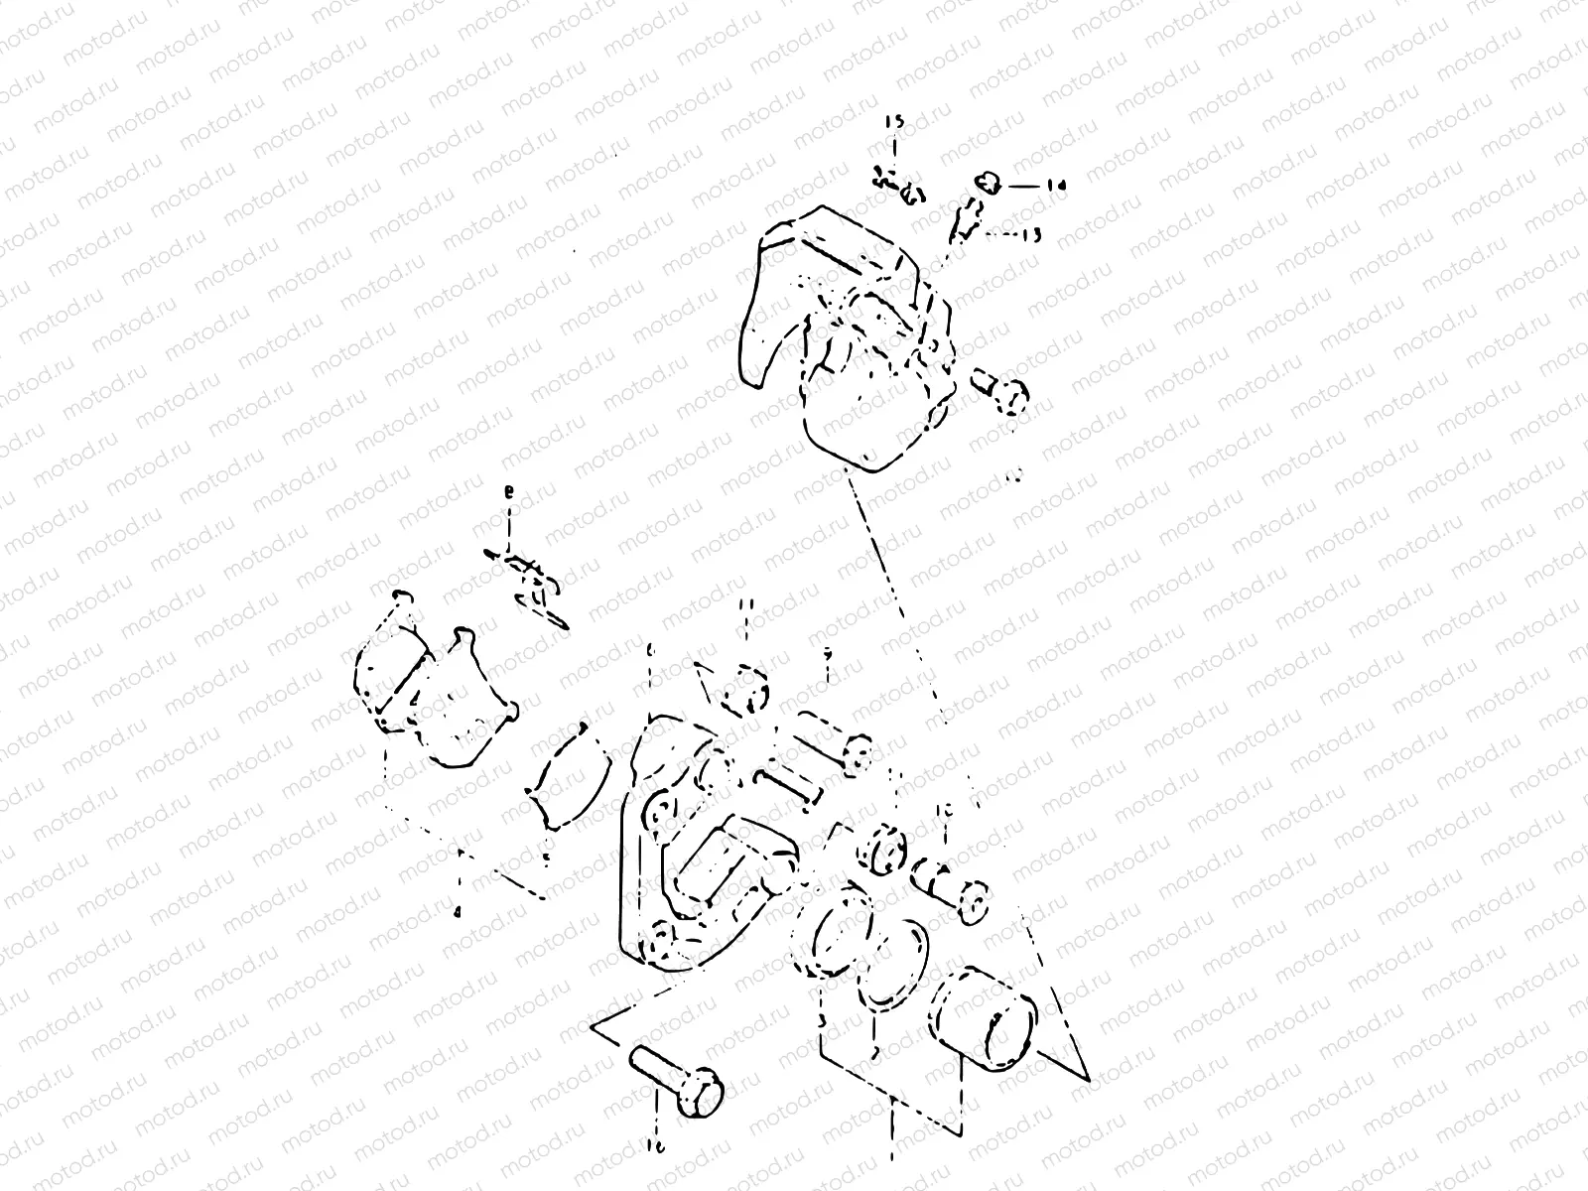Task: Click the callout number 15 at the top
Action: tap(894, 121)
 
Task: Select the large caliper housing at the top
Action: tap(849, 337)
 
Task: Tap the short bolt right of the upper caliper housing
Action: tap(997, 392)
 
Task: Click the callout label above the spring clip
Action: tap(510, 492)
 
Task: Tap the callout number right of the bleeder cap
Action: tap(1055, 185)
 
